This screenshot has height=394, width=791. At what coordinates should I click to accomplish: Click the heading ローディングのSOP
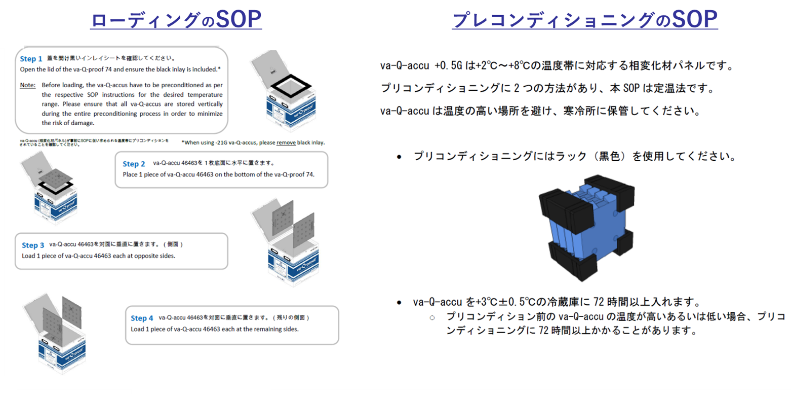pos(176,20)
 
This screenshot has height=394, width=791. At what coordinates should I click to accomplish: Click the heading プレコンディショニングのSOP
pos(584,20)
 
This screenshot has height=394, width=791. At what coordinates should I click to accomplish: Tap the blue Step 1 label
pos(31,59)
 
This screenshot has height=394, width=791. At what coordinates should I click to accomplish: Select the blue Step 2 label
pos(134,164)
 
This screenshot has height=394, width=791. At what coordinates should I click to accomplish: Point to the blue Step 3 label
pos(33,245)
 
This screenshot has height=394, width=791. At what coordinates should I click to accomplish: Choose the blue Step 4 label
pos(142,318)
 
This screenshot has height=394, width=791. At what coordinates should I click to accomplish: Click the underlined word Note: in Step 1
pos(27,85)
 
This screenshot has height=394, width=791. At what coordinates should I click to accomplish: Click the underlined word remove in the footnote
pos(287,142)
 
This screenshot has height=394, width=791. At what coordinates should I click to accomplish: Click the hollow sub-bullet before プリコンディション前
pos(432,317)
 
